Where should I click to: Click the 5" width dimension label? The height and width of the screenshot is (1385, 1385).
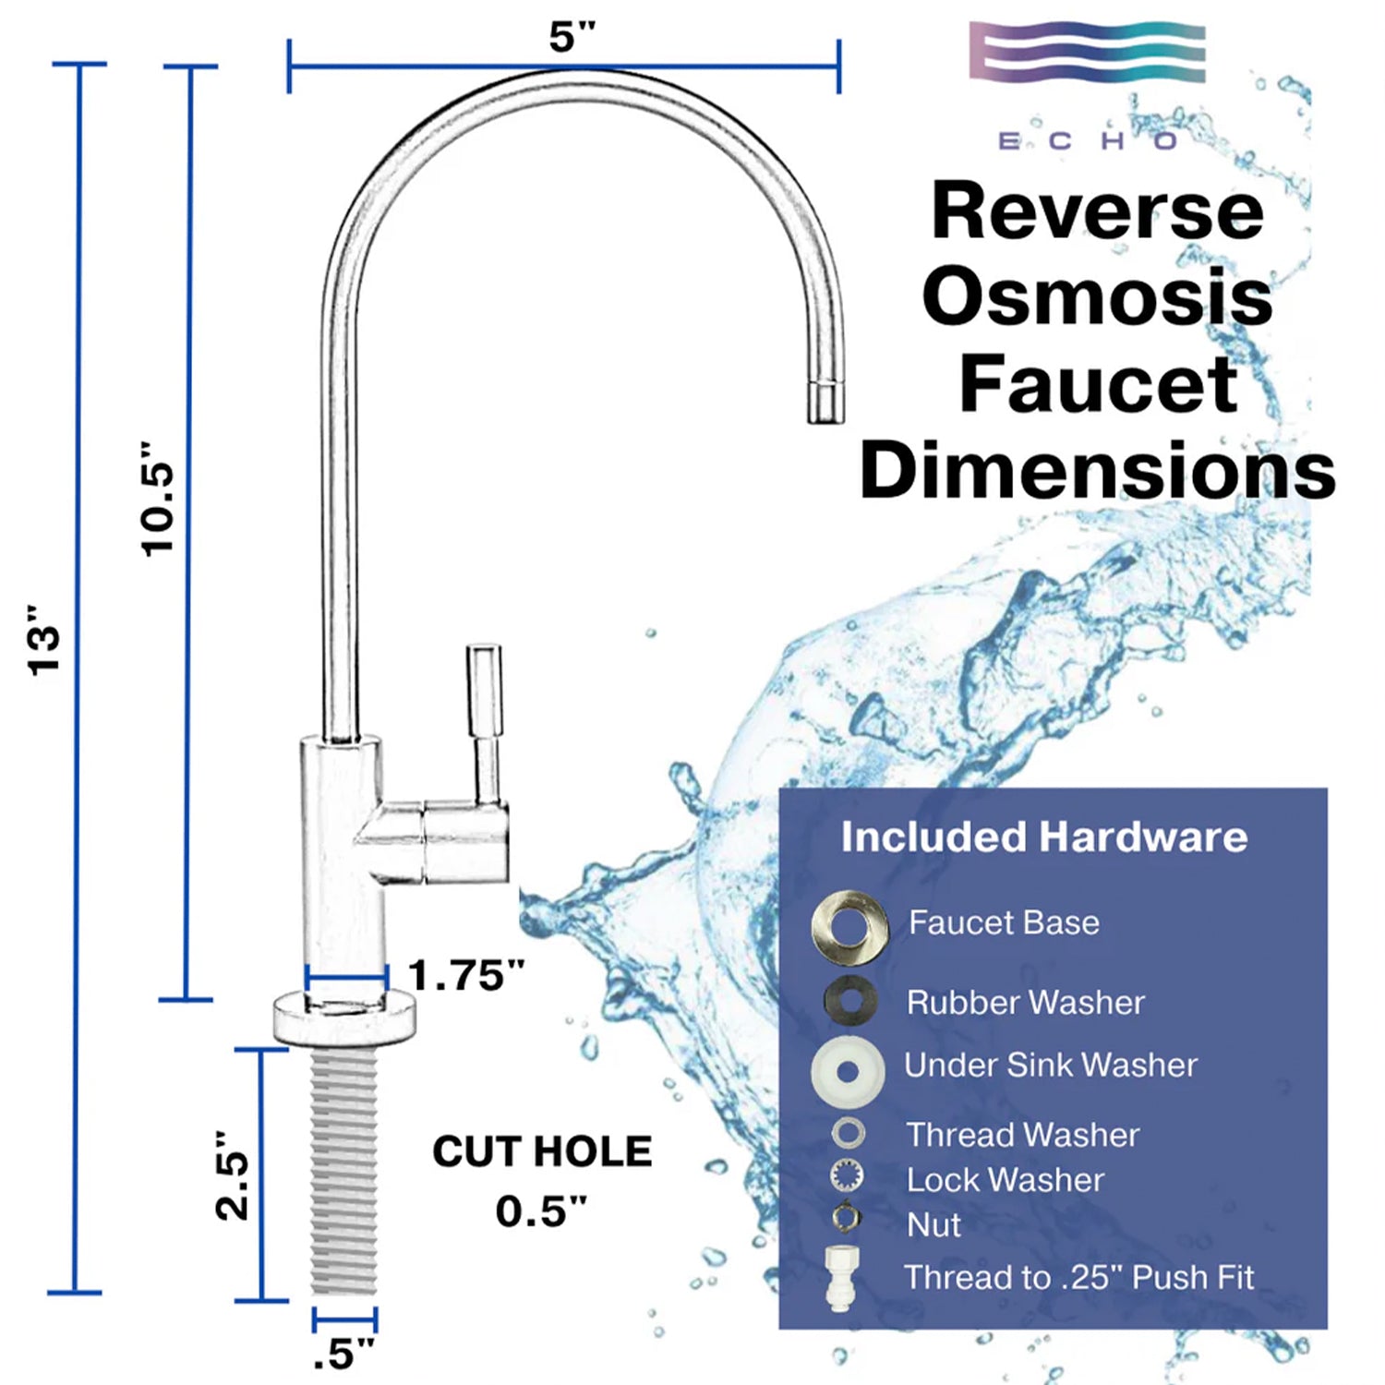coord(572,37)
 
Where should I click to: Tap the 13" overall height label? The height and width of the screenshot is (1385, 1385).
coord(43,641)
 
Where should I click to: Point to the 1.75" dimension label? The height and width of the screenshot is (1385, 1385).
coord(466,975)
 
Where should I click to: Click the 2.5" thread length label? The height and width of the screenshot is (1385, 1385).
coord(232,1175)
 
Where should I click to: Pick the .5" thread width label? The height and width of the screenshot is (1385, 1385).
coord(343,1354)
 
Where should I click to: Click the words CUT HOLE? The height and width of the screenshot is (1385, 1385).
coord(542,1151)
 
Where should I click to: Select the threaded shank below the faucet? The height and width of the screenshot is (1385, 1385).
coord(344,1173)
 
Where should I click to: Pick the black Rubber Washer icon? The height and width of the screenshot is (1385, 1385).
coord(850,1000)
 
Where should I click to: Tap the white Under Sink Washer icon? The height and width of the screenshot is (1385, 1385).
coord(848,1071)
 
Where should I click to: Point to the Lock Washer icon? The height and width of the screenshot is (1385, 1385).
coord(847,1176)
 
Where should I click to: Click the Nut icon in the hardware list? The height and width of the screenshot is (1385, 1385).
coord(846,1217)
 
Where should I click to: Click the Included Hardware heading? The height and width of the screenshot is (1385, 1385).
coord(1044,837)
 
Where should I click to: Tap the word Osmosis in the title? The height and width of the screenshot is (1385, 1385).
coord(1097,297)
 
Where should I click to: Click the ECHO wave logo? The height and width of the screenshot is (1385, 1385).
coord(1088,53)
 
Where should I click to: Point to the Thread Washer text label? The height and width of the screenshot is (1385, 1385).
coord(1023,1135)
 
